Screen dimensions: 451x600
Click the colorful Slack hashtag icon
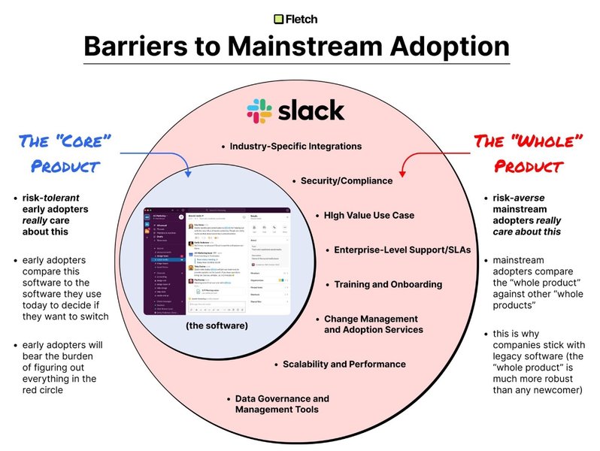[260, 110]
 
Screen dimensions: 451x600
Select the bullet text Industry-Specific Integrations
[295, 147]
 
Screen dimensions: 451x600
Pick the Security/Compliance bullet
[346, 180]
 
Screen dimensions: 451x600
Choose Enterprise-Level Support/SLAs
[392, 250]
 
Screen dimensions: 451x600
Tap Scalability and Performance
[344, 364]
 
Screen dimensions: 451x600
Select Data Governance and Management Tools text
[282, 404]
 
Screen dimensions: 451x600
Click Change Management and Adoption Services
[374, 324]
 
